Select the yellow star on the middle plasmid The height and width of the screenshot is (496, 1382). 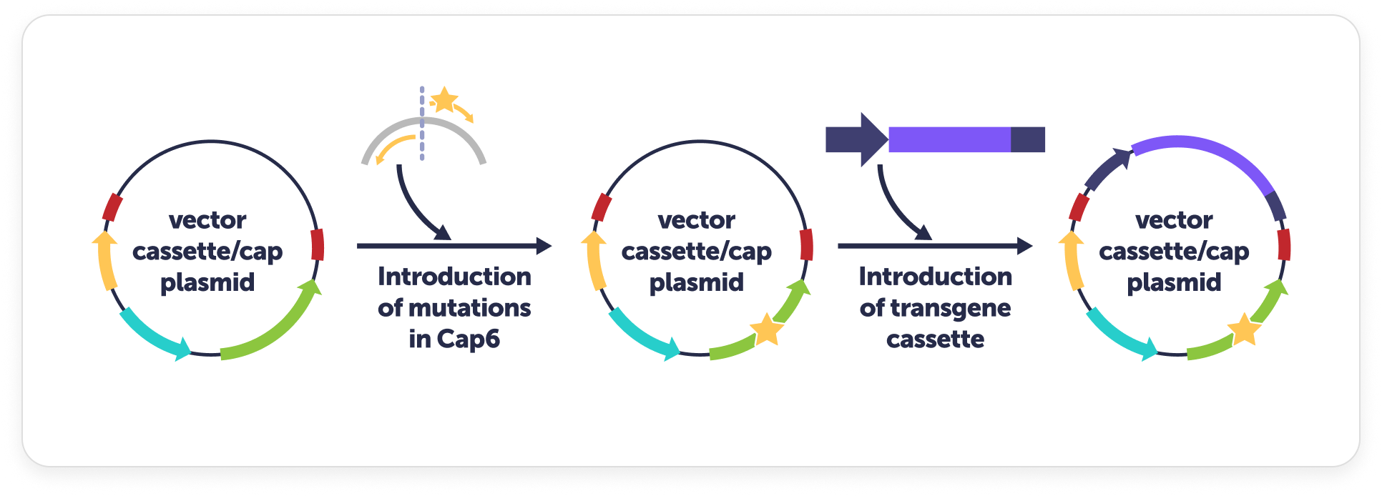(x=766, y=329)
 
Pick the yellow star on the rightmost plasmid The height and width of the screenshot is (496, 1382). (x=1244, y=329)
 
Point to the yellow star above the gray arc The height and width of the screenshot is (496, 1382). (x=444, y=99)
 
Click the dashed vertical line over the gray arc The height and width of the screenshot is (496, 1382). (x=422, y=123)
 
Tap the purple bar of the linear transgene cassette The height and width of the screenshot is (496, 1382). (x=949, y=139)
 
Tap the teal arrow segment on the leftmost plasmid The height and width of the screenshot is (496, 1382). (x=152, y=337)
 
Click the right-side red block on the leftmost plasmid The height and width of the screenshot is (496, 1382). (x=318, y=244)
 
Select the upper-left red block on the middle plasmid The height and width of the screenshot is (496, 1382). (x=602, y=207)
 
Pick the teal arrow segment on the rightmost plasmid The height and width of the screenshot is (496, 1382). (x=1119, y=337)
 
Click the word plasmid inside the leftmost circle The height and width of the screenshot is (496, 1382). (x=207, y=283)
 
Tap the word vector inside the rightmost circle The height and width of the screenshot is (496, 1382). (x=1174, y=220)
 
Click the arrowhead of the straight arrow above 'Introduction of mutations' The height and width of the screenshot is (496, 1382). (x=544, y=246)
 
